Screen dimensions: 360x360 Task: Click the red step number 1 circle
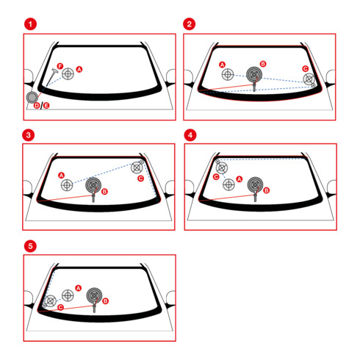[30, 24]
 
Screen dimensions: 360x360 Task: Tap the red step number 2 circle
[190, 24]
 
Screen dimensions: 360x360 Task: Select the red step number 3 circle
[29, 135]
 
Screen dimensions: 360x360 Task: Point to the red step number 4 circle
[190, 135]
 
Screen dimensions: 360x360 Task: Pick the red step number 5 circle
[30, 246]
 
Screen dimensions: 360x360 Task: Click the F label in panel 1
[60, 66]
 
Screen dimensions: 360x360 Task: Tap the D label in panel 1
[37, 106]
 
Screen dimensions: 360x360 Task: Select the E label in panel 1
[46, 106]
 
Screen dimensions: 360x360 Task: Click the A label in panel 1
[79, 69]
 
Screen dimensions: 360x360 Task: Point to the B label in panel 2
[263, 64]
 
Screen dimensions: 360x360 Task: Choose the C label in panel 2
[305, 68]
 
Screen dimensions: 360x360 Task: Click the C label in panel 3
[140, 179]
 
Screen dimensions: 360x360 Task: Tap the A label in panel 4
[240, 179]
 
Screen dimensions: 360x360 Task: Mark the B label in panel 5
[105, 301]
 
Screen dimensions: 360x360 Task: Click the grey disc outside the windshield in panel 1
[32, 97]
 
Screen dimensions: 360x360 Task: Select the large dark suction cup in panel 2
[254, 74]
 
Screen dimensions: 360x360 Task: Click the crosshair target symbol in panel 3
[67, 185]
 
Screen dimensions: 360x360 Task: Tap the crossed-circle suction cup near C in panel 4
[222, 168]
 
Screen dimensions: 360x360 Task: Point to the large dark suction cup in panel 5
[94, 295]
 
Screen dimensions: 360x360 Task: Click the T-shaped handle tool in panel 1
[51, 77]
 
